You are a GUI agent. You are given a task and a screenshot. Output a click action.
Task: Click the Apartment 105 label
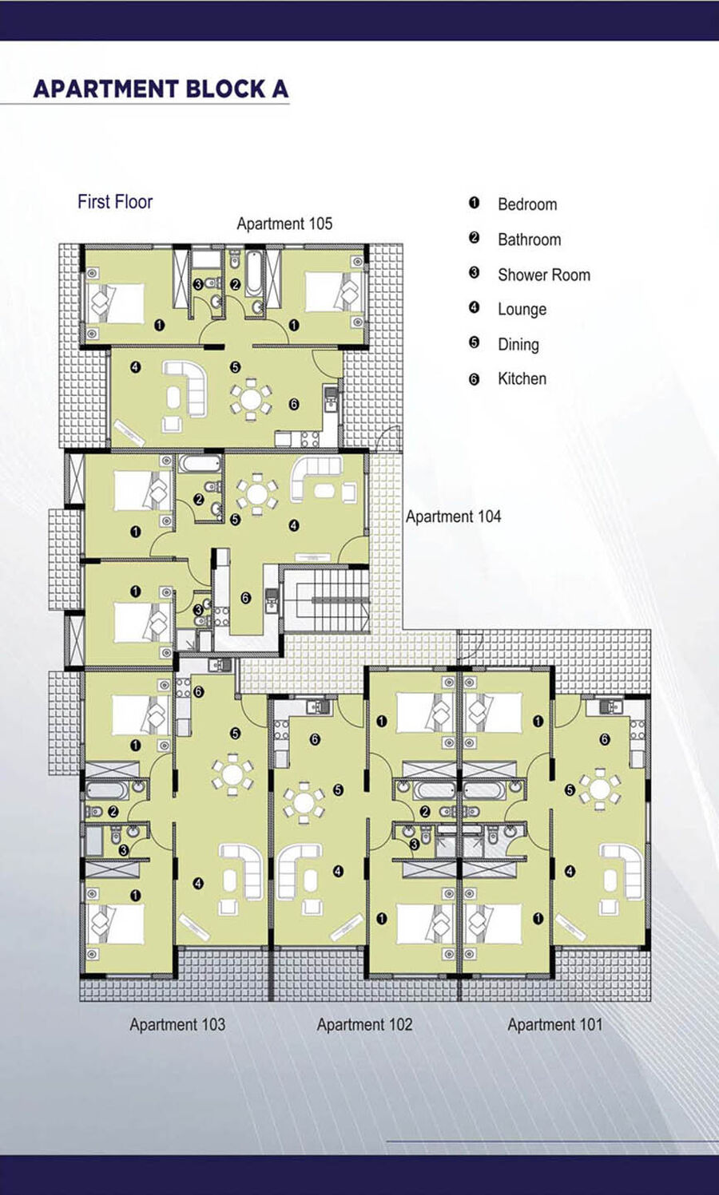click(284, 224)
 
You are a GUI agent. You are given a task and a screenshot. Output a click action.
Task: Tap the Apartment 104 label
click(453, 516)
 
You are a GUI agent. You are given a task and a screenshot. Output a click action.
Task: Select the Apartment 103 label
click(177, 1024)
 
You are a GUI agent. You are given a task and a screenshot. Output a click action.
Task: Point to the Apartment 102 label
click(364, 1024)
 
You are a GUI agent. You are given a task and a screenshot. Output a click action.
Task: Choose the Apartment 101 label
click(555, 1024)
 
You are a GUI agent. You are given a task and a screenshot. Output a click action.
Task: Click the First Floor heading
click(115, 202)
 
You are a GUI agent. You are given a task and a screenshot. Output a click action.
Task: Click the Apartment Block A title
click(161, 89)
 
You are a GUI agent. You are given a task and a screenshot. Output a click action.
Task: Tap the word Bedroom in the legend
click(527, 204)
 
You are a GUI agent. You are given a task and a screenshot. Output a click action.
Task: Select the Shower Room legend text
click(544, 275)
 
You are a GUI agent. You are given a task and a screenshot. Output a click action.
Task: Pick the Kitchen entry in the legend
click(522, 378)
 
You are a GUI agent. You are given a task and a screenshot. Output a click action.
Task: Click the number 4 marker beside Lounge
click(474, 308)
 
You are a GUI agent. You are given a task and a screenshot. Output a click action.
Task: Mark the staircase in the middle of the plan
click(327, 599)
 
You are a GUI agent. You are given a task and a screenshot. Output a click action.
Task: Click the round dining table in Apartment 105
click(250, 398)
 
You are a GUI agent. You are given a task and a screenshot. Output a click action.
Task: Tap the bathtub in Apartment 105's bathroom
click(253, 273)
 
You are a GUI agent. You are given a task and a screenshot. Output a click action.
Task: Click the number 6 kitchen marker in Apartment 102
click(315, 739)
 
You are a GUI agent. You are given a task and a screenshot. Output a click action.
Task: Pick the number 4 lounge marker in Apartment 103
click(199, 884)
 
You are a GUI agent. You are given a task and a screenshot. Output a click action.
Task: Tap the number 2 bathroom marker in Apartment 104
click(199, 500)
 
